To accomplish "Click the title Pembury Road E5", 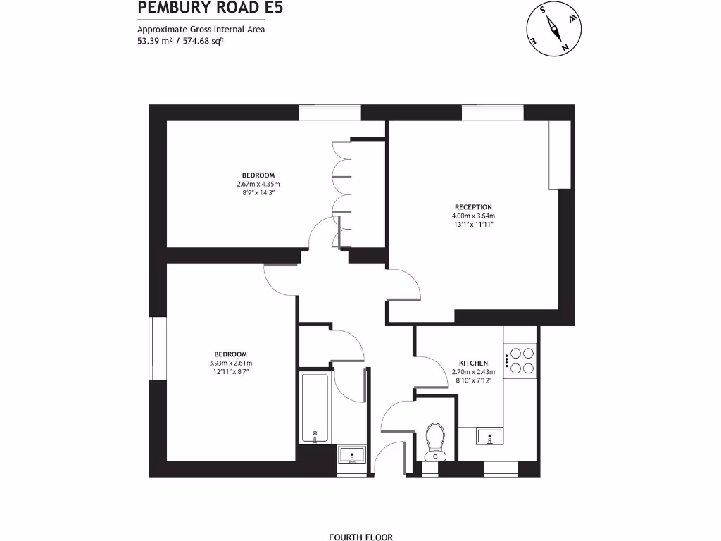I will click(201, 8).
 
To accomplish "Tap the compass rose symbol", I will click(553, 30).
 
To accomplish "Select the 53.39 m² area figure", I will click(155, 42).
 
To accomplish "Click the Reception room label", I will click(473, 207).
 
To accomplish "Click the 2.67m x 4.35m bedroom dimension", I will click(258, 185).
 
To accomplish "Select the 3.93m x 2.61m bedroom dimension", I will click(230, 363).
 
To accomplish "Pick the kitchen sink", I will click(489, 437).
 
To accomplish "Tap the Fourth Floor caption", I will click(360, 536).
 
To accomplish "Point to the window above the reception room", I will click(493, 113).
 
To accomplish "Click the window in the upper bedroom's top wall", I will click(330, 113).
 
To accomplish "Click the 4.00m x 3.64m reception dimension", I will click(473, 216).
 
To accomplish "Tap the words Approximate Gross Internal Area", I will click(201, 30).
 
